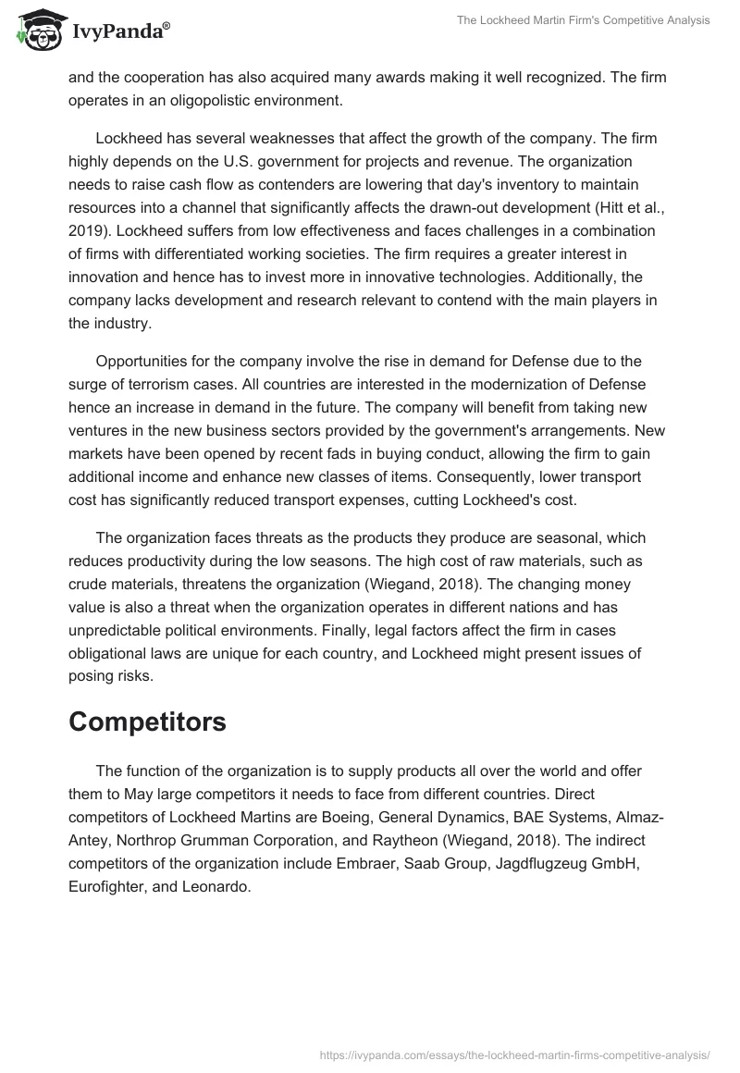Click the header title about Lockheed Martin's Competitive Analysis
pyautogui.click(x=583, y=20)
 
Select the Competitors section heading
pyautogui.click(x=147, y=721)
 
